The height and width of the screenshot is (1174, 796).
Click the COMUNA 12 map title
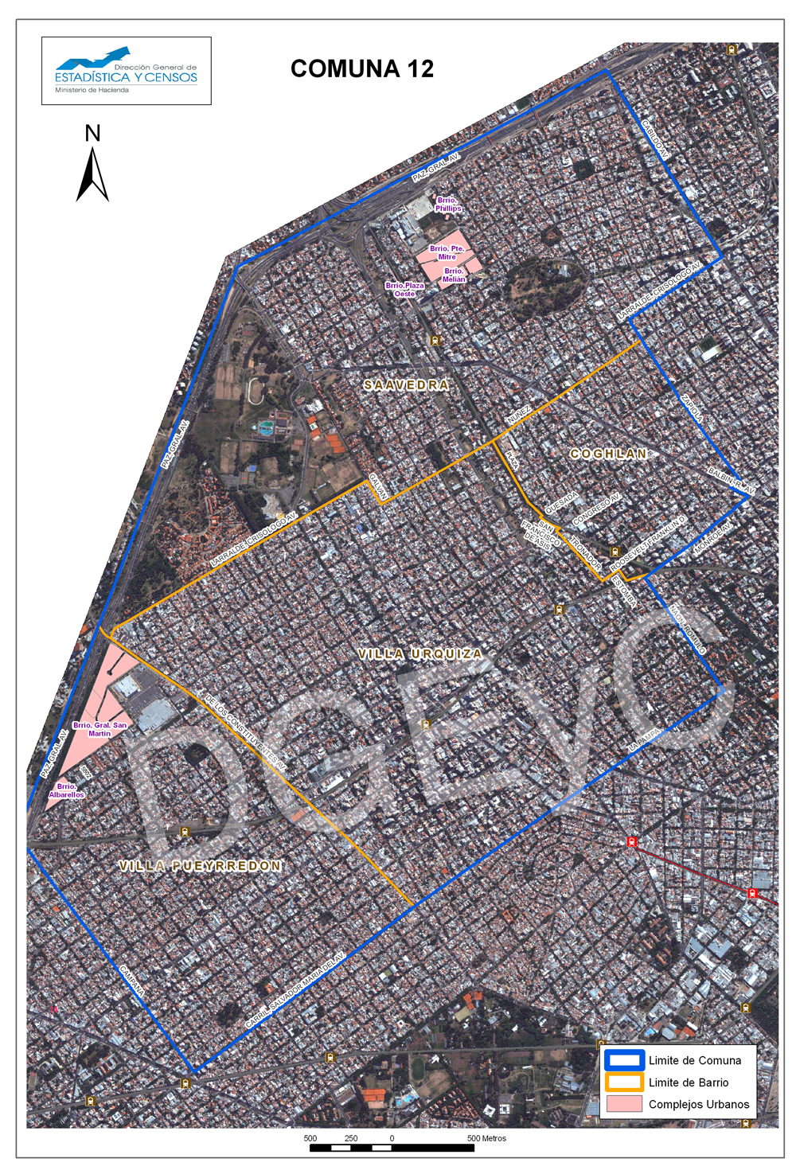pyautogui.click(x=362, y=69)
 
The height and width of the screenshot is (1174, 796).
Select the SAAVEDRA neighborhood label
pyautogui.click(x=406, y=385)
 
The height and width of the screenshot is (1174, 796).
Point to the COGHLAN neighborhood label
pyautogui.click(x=608, y=454)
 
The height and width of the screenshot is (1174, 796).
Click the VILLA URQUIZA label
pyautogui.click(x=420, y=654)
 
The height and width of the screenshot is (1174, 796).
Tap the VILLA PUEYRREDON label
pyautogui.click(x=201, y=866)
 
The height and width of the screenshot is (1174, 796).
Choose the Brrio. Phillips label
pyautogui.click(x=447, y=205)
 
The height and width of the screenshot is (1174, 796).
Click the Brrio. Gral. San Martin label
pyautogui.click(x=99, y=729)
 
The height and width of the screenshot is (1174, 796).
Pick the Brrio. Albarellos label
pyautogui.click(x=67, y=790)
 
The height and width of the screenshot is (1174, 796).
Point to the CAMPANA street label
pyautogui.click(x=132, y=982)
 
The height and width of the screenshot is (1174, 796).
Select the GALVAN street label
pyautogui.click(x=377, y=487)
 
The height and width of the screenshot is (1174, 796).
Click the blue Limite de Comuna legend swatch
pyautogui.click(x=623, y=1060)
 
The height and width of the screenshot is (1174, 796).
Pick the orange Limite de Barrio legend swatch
pyautogui.click(x=623, y=1082)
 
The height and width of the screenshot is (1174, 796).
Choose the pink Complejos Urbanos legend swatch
pyautogui.click(x=623, y=1104)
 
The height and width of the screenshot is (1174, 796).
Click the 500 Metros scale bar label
pyautogui.click(x=486, y=1138)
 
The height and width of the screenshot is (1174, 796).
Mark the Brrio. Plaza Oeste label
pyautogui.click(x=405, y=290)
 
